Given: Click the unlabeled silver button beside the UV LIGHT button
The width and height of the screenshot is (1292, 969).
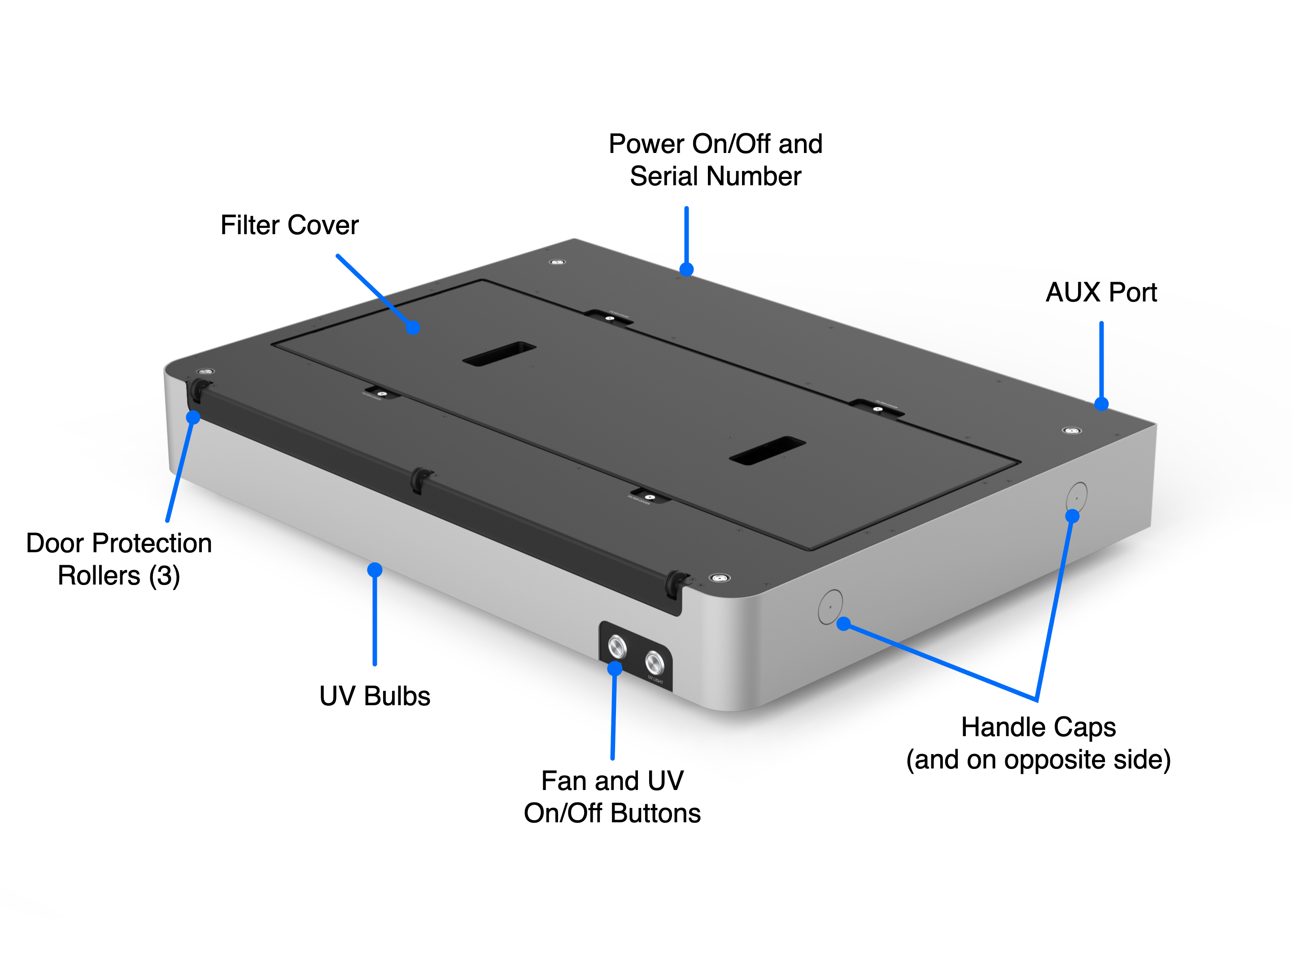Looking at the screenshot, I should pyautogui.click(x=617, y=646).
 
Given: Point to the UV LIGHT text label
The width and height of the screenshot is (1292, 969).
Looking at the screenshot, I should pyautogui.click(x=655, y=681).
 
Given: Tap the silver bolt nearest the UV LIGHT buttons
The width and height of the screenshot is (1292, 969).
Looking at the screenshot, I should pyautogui.click(x=720, y=578).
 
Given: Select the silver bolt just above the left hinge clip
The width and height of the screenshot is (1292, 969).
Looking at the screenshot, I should pyautogui.click(x=205, y=371).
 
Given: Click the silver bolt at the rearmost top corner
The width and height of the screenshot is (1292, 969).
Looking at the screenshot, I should pyautogui.click(x=557, y=262).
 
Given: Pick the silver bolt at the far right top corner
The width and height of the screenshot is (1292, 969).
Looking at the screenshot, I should pyautogui.click(x=1071, y=431).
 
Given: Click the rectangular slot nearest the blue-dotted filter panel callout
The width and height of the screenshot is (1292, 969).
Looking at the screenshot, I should pyautogui.click(x=499, y=354).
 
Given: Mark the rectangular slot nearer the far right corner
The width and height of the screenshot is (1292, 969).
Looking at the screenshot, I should pyautogui.click(x=768, y=450).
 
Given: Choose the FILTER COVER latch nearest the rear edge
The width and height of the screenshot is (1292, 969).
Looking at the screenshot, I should pyautogui.click(x=609, y=318).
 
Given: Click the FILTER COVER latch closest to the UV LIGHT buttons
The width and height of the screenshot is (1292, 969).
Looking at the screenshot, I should pyautogui.click(x=648, y=497).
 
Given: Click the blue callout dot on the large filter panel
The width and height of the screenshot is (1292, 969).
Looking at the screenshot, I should pyautogui.click(x=413, y=327).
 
